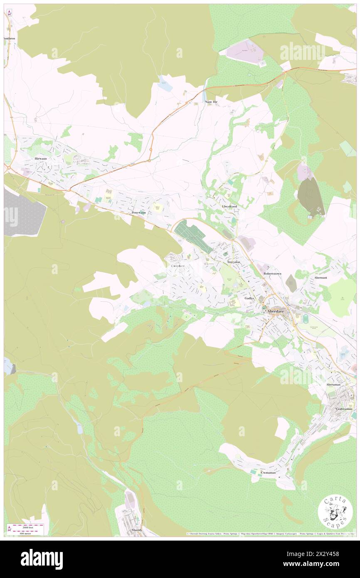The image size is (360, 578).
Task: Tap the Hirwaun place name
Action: point(42,159)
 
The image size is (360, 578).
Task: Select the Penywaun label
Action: point(138,212)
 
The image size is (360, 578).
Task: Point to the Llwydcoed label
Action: point(229,206)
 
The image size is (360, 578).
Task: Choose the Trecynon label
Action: point(234,262)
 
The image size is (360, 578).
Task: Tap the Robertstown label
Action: point(273,274)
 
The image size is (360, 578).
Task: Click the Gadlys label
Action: point(249,298)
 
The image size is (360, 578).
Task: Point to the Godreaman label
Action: point(344,409)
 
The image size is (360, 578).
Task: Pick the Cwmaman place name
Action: point(268,472)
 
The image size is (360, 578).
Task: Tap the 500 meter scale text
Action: point(25,533)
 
